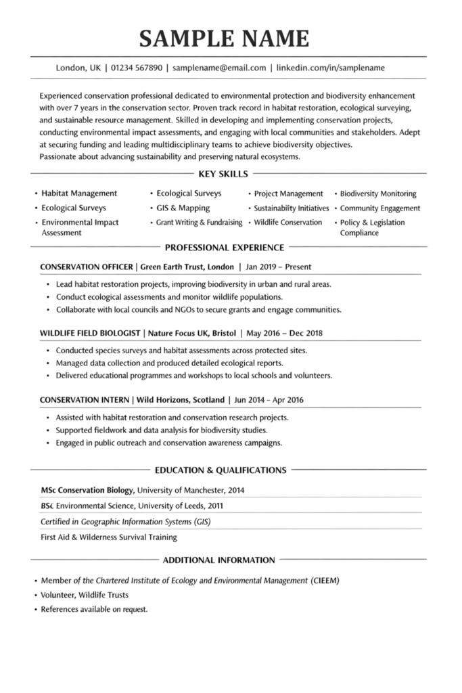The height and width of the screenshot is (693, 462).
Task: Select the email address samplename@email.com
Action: pyautogui.click(x=219, y=68)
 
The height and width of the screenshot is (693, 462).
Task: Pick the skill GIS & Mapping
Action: pyautogui.click(x=183, y=208)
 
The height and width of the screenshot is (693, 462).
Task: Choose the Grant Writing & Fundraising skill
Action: pyautogui.click(x=199, y=222)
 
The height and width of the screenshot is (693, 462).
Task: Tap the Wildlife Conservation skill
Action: pyautogui.click(x=288, y=222)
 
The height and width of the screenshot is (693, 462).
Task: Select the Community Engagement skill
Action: pyautogui.click(x=379, y=208)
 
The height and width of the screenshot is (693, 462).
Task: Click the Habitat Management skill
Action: pyautogui.click(x=79, y=194)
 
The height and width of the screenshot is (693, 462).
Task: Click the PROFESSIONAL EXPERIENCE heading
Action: pyautogui.click(x=225, y=248)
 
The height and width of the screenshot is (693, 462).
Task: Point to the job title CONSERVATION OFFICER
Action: pyautogui.click(x=86, y=267)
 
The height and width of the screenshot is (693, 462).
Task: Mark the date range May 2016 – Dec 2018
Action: pyautogui.click(x=284, y=333)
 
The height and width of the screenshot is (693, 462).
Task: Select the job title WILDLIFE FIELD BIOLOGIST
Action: pyautogui.click(x=90, y=333)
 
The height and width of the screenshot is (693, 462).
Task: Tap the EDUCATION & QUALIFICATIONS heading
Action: pyautogui.click(x=221, y=470)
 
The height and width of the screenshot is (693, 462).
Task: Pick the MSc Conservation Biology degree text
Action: pyautogui.click(x=87, y=489)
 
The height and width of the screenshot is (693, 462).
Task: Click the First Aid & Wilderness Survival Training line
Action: pyautogui.click(x=109, y=537)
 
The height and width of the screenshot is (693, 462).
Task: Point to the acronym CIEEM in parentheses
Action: pyautogui.click(x=325, y=581)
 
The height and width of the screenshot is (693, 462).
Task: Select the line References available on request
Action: pyautogui.click(x=94, y=609)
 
